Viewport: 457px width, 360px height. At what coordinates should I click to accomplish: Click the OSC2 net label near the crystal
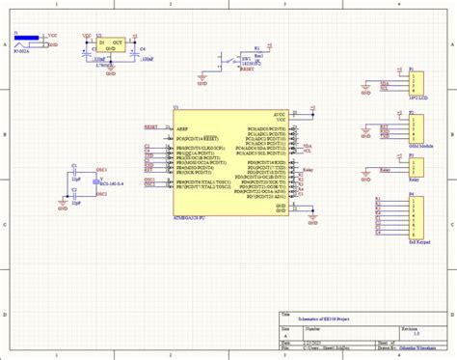(102, 193)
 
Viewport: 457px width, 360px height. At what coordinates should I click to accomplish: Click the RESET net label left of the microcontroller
(151, 126)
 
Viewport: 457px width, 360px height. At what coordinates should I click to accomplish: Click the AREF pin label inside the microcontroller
(182, 126)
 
